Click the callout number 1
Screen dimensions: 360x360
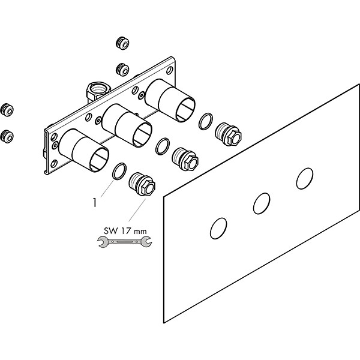(x=95, y=203)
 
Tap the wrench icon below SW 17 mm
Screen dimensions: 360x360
(x=124, y=242)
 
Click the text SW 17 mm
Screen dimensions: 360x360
(x=125, y=231)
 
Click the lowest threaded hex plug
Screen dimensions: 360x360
(x=142, y=184)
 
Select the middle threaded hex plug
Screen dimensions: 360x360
(x=185, y=159)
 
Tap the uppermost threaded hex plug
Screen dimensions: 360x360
(x=229, y=134)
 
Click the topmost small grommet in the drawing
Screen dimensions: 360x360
(x=122, y=43)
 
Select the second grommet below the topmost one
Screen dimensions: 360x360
(x=122, y=70)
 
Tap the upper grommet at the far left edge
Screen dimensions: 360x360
(x=7, y=110)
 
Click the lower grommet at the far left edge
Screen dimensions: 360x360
(x=7, y=136)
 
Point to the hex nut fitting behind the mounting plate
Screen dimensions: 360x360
(x=98, y=91)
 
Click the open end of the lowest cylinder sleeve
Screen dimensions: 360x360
(x=99, y=159)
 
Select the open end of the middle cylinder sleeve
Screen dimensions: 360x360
(x=142, y=134)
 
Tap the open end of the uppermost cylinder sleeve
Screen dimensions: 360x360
(x=185, y=109)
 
